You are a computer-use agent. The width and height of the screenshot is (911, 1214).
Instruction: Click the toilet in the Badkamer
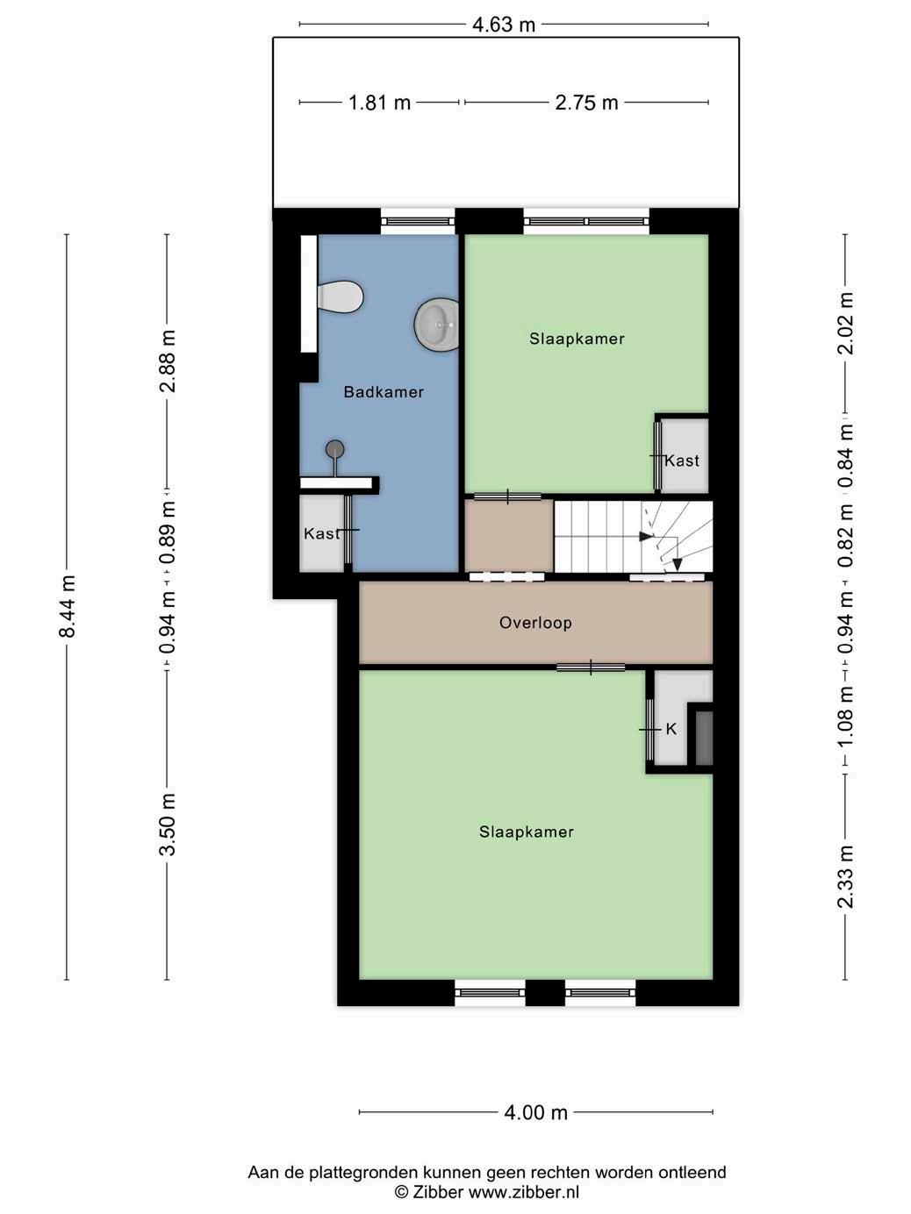pyautogui.click(x=340, y=297)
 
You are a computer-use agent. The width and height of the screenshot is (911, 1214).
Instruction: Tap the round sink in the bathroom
pyautogui.click(x=437, y=325)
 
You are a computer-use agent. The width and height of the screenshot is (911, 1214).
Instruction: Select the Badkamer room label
pyautogui.click(x=384, y=392)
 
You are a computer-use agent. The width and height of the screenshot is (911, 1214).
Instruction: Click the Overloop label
pyautogui.click(x=535, y=623)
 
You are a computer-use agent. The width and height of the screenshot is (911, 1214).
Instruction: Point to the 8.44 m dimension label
pyautogui.click(x=67, y=607)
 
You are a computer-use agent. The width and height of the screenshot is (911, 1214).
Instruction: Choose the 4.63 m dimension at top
pyautogui.click(x=504, y=25)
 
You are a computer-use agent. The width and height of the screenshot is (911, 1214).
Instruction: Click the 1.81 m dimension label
pyautogui.click(x=379, y=103)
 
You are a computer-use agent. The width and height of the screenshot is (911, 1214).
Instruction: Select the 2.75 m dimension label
pyautogui.click(x=587, y=103)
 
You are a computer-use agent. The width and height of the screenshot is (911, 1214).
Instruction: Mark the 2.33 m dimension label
pyautogui.click(x=845, y=877)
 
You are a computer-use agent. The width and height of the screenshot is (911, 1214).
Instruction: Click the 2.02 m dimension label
pyautogui.click(x=845, y=323)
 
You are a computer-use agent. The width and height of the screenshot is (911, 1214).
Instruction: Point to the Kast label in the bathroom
pyautogui.click(x=321, y=533)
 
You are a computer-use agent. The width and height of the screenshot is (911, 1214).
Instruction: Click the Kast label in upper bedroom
pyautogui.click(x=682, y=461)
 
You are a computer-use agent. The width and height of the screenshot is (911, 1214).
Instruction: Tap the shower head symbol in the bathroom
pyautogui.click(x=334, y=449)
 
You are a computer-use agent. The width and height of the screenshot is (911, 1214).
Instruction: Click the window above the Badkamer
pyautogui.click(x=418, y=221)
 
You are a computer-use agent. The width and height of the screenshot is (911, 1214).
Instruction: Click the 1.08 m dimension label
pyautogui.click(x=845, y=716)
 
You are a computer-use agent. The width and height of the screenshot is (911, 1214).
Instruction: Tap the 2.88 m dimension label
pyautogui.click(x=167, y=361)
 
